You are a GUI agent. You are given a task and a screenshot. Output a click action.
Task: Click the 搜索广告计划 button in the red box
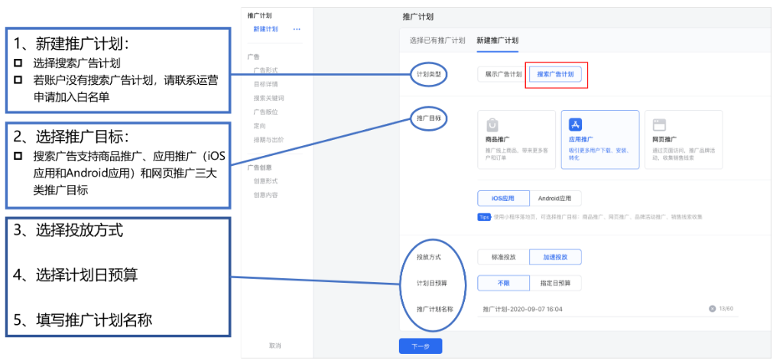tap(556, 74)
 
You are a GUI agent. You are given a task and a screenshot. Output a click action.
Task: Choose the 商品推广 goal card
tap(516, 139)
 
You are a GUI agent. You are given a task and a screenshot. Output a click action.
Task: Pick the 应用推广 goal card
tap(599, 139)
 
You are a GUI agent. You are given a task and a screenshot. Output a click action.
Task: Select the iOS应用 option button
tap(503, 199)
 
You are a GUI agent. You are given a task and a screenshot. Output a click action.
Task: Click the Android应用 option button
tap(554, 199)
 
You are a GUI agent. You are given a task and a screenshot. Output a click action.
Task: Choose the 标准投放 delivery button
tap(503, 257)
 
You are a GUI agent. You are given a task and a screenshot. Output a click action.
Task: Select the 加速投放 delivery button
tap(555, 257)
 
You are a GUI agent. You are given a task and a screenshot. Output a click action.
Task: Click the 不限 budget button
tap(503, 283)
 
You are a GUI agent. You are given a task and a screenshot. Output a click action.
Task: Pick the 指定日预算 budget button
tap(555, 283)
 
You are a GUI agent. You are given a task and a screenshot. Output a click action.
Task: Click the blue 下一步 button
tap(421, 346)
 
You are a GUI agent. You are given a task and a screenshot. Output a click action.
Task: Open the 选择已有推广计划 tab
tap(437, 40)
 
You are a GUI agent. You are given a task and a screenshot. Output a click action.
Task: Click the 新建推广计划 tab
tap(497, 40)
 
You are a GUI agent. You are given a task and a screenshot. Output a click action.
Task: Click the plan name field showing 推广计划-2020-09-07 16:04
tap(589, 309)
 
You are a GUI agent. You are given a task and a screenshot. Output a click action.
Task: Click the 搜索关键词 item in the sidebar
tap(268, 98)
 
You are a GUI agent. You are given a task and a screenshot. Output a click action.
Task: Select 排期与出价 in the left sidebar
tap(268, 139)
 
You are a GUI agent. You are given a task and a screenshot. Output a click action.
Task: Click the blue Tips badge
tap(484, 216)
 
